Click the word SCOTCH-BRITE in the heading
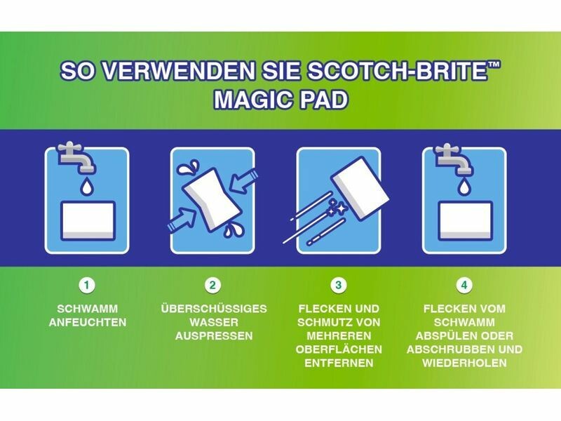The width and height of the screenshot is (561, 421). pyautogui.click(x=394, y=72)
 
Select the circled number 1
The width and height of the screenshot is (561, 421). pyautogui.click(x=86, y=286)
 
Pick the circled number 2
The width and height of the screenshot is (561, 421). pyautogui.click(x=213, y=286)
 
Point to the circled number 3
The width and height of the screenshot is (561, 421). pyautogui.click(x=339, y=286)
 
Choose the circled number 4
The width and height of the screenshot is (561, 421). pyautogui.click(x=464, y=286)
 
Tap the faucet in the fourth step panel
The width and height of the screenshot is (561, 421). pyautogui.click(x=454, y=159)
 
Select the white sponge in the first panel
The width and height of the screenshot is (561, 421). pyautogui.click(x=88, y=221)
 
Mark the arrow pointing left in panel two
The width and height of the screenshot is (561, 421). pyautogui.click(x=244, y=181)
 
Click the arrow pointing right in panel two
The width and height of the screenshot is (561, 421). pyautogui.click(x=182, y=220)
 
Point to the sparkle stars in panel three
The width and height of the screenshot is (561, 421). pyautogui.click(x=337, y=208)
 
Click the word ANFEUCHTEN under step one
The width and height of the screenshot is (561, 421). pyautogui.click(x=88, y=322)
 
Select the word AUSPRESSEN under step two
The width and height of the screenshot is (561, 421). pyautogui.click(x=214, y=336)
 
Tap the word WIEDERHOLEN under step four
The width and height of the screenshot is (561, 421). pyautogui.click(x=464, y=363)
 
